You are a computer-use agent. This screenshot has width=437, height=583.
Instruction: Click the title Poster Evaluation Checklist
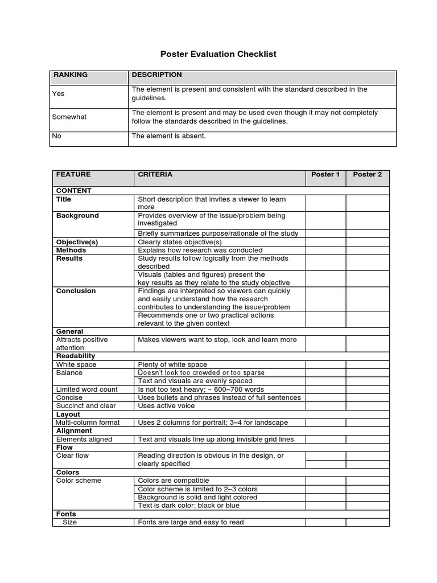[218, 54]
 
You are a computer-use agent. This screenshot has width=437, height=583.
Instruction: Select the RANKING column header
[71, 75]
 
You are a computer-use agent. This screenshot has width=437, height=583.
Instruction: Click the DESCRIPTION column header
[157, 75]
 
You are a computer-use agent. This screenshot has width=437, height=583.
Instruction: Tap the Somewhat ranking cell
[69, 117]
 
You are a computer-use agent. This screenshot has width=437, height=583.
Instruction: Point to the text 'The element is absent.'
[169, 136]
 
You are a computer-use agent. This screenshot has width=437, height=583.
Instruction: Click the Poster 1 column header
[325, 175]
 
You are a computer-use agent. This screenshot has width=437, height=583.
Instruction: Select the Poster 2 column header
[367, 175]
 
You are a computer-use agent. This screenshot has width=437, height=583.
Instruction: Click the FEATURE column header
[73, 175]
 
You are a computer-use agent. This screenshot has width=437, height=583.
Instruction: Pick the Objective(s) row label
[77, 242]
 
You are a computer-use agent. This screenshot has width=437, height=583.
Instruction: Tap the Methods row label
[71, 250]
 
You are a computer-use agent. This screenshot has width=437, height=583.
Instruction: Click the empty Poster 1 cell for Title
[325, 203]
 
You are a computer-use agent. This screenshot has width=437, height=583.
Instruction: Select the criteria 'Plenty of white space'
[172, 364]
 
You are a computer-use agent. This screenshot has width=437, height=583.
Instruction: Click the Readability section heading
[76, 356]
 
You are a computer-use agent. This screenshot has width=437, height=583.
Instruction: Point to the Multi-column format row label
[88, 422]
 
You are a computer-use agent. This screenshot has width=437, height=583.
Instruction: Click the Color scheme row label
[79, 481]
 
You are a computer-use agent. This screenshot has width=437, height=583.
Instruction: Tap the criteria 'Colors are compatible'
[174, 481]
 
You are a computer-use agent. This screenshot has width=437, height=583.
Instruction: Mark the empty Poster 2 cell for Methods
[367, 250]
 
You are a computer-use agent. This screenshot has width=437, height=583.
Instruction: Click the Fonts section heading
[66, 514]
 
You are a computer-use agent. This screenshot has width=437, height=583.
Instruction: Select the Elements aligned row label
[84, 439]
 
